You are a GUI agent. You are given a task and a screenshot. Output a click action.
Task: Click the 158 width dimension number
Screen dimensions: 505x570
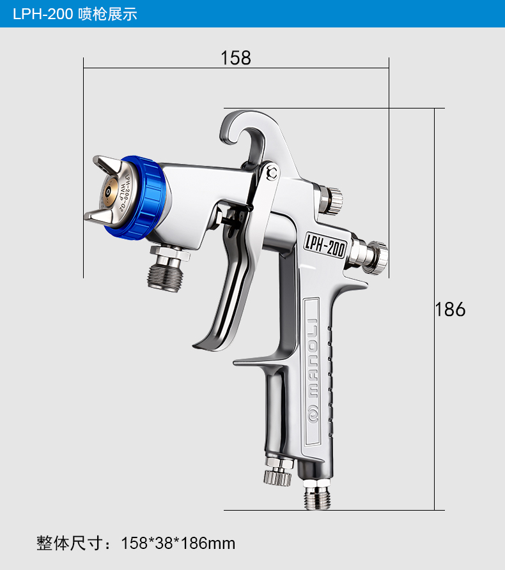click(236, 58)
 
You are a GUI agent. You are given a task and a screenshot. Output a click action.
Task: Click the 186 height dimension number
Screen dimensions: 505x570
click(451, 310)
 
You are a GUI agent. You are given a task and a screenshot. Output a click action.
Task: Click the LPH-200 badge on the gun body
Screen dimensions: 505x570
click(325, 245)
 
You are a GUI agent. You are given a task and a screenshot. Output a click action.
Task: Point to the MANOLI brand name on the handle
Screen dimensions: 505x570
click(313, 358)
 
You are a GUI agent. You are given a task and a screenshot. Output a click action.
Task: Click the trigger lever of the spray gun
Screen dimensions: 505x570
click(233, 276)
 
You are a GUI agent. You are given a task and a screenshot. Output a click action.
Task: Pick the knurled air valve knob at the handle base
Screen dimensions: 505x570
click(278, 472)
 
